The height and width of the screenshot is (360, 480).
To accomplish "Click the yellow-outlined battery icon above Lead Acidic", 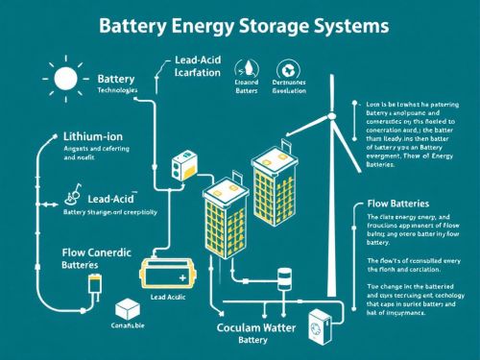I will pos(170,276).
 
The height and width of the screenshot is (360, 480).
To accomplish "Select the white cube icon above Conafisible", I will pos(127,312).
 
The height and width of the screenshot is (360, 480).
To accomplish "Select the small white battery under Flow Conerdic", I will pos(94,285).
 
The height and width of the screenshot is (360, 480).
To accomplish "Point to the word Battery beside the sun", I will pos(118,76).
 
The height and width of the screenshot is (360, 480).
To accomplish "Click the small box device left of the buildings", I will pos(180,169).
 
